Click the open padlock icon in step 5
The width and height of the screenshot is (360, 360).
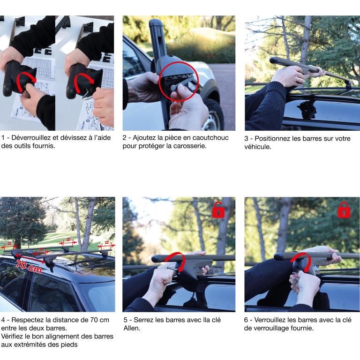click(x=218, y=210)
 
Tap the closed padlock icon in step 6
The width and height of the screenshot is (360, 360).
click(x=344, y=210)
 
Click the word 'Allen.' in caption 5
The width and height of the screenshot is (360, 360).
click(x=132, y=328)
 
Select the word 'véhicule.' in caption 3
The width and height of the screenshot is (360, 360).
click(x=258, y=147)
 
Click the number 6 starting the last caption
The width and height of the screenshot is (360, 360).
click(x=246, y=320)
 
